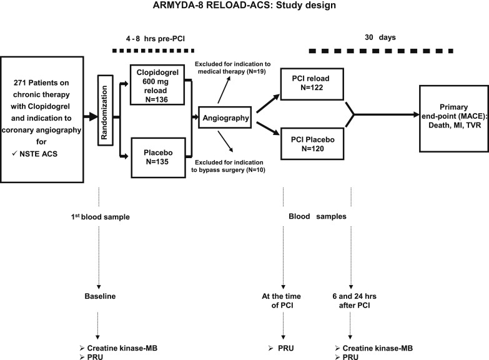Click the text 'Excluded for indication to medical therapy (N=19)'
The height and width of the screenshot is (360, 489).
pos(229,69)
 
